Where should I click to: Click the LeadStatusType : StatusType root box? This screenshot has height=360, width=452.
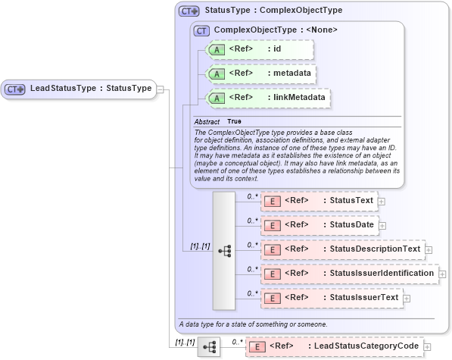79,89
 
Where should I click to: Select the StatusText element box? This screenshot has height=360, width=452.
319,201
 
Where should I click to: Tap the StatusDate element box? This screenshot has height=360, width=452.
319,225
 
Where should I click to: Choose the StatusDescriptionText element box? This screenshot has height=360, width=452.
341,249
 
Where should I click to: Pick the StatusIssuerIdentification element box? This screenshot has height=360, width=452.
349,274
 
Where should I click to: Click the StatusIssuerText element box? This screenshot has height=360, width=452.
331,298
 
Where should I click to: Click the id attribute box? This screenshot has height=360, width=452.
258,49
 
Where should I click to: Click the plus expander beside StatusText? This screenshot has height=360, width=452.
382,202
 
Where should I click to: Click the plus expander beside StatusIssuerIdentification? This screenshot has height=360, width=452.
442,274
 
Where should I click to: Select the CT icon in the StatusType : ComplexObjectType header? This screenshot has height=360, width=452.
189,11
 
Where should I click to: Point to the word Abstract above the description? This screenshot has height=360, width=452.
207,122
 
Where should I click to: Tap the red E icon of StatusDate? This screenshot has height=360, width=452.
272,225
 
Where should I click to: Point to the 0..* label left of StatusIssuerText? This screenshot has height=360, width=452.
253,293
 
